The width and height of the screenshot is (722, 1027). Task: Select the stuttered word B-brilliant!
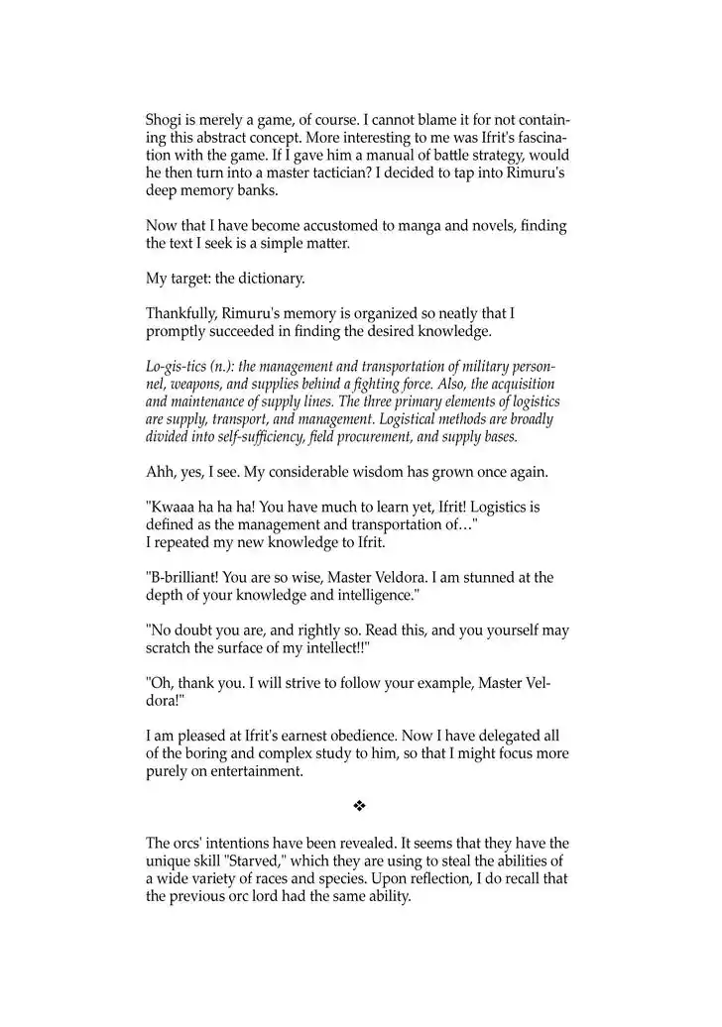coord(189,578)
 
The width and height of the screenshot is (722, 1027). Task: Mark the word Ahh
coord(162,472)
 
